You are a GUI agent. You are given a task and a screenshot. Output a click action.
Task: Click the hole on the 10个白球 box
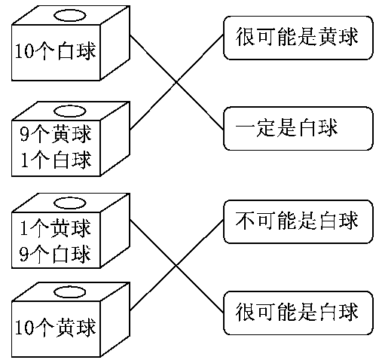70,16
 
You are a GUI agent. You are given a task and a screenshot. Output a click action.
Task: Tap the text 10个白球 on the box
56,51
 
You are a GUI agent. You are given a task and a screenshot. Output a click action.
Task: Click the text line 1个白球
56,160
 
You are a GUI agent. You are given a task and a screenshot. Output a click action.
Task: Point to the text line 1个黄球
56,228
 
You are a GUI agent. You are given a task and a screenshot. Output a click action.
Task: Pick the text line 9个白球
56,254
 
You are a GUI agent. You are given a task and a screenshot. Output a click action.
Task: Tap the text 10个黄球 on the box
56,328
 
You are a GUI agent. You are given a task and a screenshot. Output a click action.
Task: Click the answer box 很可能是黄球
298,38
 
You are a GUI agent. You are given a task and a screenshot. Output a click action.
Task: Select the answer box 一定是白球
298,129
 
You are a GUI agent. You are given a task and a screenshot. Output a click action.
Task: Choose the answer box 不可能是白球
298,221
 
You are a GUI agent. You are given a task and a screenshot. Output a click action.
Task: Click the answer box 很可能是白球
298,313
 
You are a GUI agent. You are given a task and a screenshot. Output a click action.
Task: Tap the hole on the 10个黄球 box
70,292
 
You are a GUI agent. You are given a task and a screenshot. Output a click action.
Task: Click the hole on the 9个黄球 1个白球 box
70,111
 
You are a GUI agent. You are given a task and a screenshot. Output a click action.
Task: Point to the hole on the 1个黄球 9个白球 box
70,203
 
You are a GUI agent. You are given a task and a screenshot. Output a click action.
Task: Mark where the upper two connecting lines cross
176,82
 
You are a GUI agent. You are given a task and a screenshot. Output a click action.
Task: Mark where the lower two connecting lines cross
176,265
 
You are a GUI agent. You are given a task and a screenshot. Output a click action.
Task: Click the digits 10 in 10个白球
24,51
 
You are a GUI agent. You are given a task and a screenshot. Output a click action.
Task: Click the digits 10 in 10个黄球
24,328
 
